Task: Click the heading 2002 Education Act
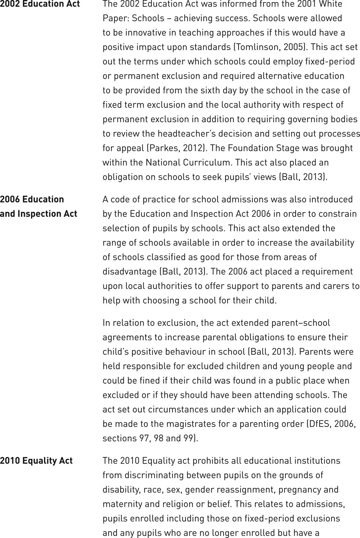pos(40,4)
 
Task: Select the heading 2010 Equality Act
pos(36,461)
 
